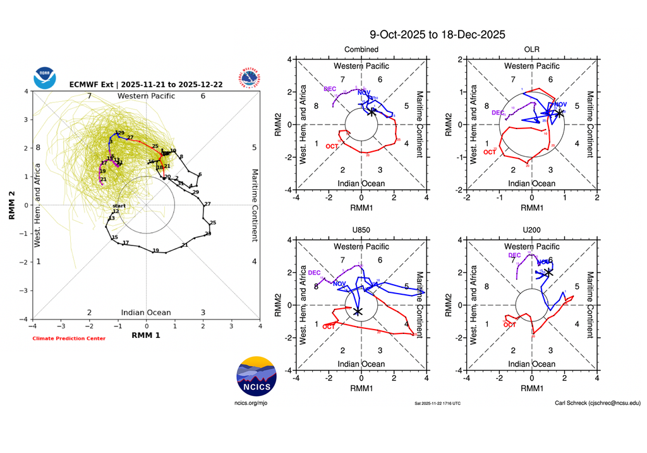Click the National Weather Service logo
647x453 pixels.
pyautogui.click(x=250, y=78)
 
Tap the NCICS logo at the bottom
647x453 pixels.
pyautogui.click(x=256, y=377)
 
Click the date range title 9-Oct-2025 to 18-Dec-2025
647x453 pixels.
pyautogui.click(x=437, y=35)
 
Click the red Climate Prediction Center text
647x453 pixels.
pyautogui.click(x=69, y=338)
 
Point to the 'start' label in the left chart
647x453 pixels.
pyautogui.click(x=119, y=206)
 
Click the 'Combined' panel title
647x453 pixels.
pyautogui.click(x=361, y=49)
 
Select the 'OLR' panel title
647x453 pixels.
pyautogui.click(x=531, y=49)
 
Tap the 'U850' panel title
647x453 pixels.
pyautogui.click(x=361, y=229)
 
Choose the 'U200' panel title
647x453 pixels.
pyautogui.click(x=531, y=229)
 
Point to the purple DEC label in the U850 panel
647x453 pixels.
pyautogui.click(x=314, y=273)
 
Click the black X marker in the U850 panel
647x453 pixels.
pyautogui.click(x=358, y=311)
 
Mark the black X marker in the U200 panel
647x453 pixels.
pyautogui.click(x=548, y=272)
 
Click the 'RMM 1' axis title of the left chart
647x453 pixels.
pyautogui.click(x=146, y=335)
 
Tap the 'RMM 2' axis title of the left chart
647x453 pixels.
pyautogui.click(x=12, y=204)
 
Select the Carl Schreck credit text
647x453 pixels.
pyautogui.click(x=597, y=402)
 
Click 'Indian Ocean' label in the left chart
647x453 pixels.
pyautogui.click(x=146, y=313)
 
